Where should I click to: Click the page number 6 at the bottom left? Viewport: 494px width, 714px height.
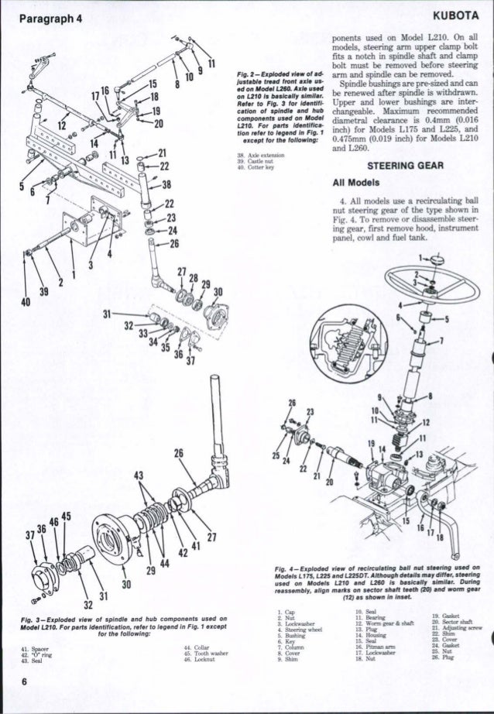[15, 702]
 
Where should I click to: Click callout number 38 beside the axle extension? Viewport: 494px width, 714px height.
[165, 185]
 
